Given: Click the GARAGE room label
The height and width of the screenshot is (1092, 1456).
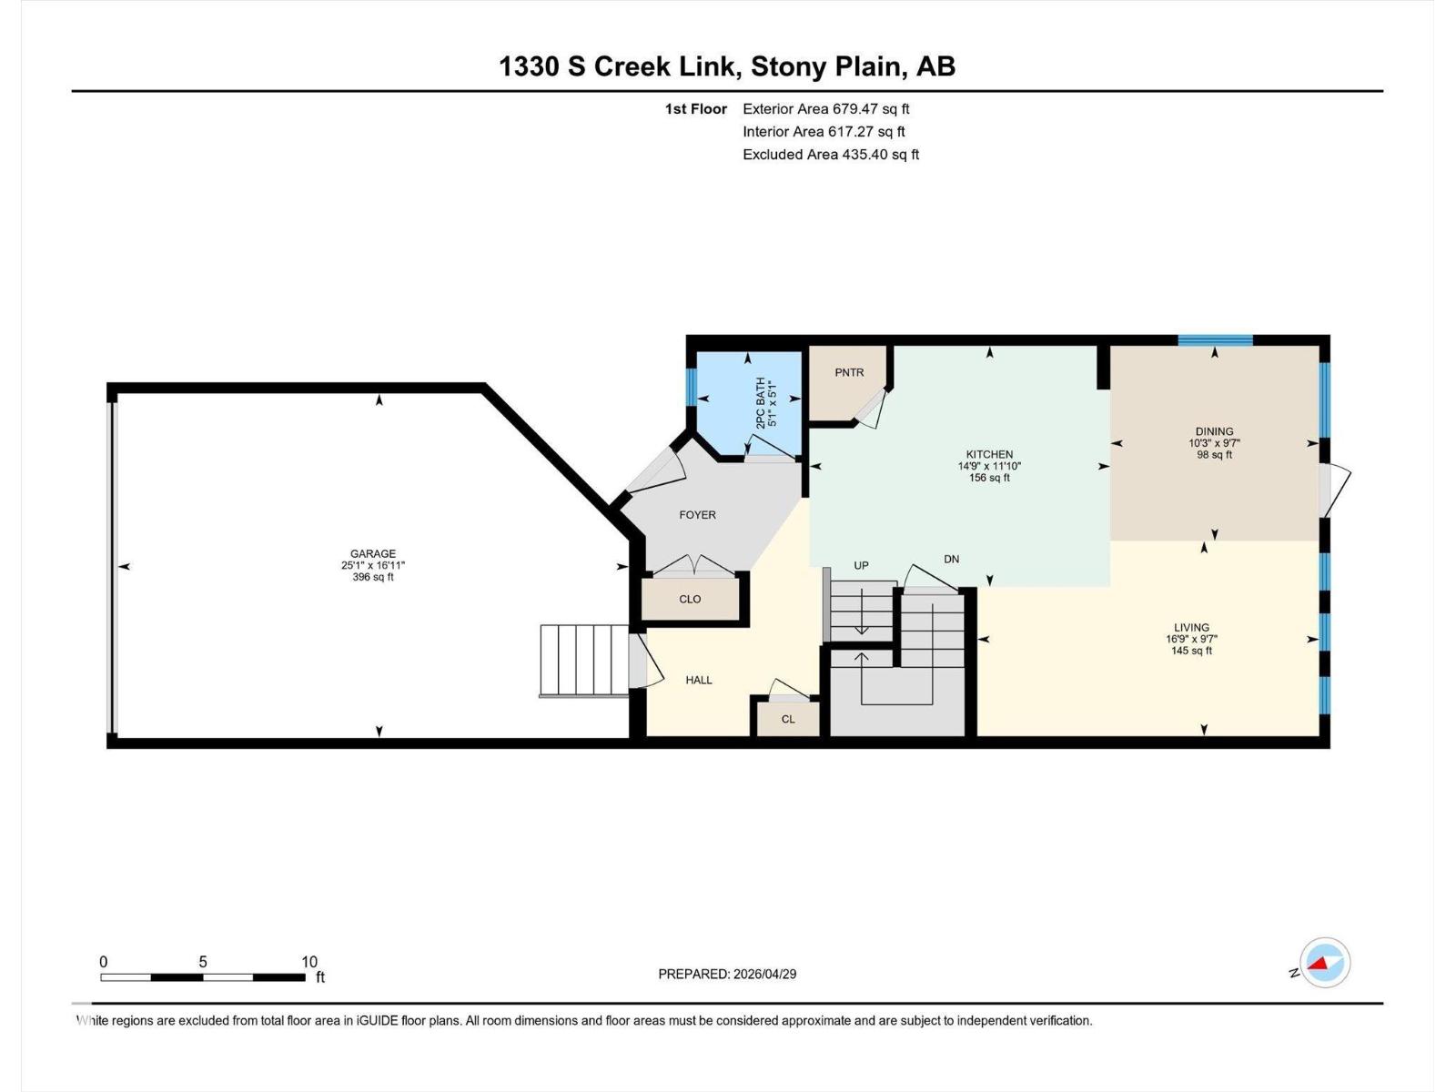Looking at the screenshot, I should click(x=373, y=553).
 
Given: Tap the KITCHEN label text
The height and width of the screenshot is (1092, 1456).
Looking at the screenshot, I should click(x=989, y=454).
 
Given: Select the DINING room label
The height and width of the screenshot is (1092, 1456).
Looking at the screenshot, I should click(x=1214, y=431).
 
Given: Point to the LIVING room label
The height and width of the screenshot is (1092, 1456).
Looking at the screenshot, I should click(x=1191, y=627).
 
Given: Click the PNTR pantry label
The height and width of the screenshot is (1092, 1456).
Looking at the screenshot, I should click(x=849, y=372).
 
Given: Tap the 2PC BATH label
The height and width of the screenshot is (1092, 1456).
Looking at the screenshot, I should click(x=762, y=404).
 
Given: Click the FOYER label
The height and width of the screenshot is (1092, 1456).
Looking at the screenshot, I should click(x=697, y=515).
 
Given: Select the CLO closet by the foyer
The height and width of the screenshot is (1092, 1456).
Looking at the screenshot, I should click(x=690, y=599).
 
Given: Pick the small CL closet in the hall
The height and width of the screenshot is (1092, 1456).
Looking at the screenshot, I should click(x=788, y=719).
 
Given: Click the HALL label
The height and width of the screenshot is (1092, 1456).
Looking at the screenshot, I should click(x=699, y=680).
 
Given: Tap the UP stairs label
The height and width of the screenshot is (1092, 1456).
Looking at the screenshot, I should click(x=861, y=565).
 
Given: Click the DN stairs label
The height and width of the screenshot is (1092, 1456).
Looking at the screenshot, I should click(x=951, y=559).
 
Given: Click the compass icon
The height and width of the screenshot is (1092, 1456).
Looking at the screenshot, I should click(x=1325, y=962).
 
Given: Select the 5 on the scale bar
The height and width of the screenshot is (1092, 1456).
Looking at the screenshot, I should click(x=203, y=962).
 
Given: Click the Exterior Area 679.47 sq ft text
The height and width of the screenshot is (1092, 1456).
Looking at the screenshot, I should click(x=825, y=108).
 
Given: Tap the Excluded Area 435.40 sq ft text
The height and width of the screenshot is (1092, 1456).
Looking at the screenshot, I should click(x=830, y=155).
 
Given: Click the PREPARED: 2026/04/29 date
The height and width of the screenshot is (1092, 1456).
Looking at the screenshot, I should click(x=727, y=974).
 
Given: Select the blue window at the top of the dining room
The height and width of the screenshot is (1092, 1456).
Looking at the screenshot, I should click(x=1215, y=340).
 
